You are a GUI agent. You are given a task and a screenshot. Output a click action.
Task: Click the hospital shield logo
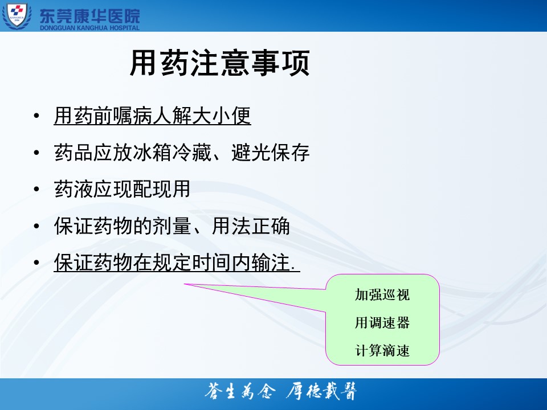pyautogui.click(x=17, y=16)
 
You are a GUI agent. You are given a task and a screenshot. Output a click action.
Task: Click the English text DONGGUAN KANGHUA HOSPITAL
pyautogui.click(x=89, y=27)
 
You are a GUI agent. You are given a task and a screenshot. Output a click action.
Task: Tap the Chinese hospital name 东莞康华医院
pyautogui.click(x=89, y=16)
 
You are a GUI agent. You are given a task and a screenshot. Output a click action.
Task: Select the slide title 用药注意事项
pyautogui.click(x=220, y=63)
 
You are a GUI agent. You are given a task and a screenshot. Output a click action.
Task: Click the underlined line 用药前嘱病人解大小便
pyautogui.click(x=153, y=116)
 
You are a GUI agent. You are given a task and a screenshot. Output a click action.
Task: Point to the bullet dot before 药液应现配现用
pyautogui.click(x=36, y=189)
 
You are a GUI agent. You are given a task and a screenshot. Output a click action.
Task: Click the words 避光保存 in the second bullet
pyautogui.click(x=270, y=153)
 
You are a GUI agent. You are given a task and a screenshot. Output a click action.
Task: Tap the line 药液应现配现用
pyautogui.click(x=122, y=189)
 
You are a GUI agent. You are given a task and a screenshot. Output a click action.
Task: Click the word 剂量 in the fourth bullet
pyautogui.click(x=172, y=226)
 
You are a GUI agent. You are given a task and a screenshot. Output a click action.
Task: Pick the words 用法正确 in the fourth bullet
pyautogui.click(x=251, y=226)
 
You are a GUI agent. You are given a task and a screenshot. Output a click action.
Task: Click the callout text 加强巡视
pyautogui.click(x=382, y=295)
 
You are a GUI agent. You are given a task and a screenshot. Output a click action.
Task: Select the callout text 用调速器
pyautogui.click(x=382, y=323)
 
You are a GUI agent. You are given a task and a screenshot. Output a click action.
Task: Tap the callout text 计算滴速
pyautogui.click(x=382, y=351)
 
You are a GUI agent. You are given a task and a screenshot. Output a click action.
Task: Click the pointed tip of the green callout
pyautogui.click(x=184, y=284)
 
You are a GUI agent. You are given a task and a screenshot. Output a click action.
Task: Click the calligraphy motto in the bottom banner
pyautogui.click(x=281, y=392)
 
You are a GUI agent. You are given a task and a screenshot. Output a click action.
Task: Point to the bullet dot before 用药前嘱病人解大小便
pyautogui.click(x=36, y=116)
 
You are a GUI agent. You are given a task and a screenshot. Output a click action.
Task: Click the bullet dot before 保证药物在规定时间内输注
pyautogui.click(x=36, y=263)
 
